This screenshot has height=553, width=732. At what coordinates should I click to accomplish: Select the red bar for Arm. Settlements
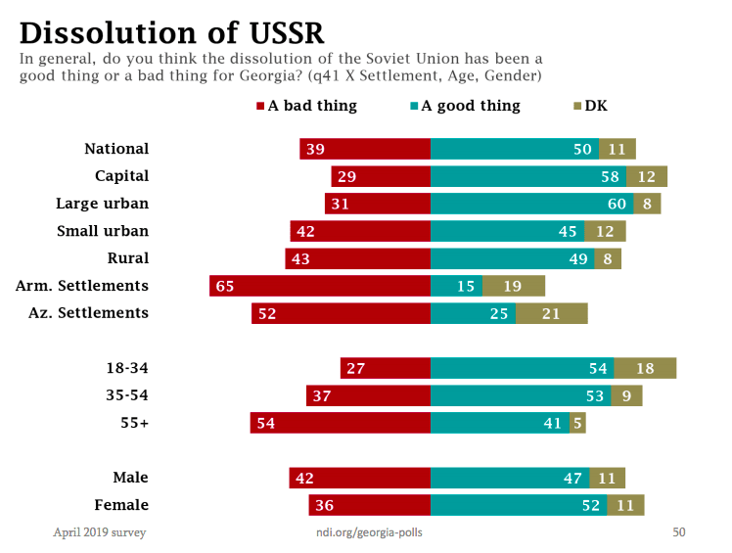[320, 286]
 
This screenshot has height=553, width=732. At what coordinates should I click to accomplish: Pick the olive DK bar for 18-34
[645, 368]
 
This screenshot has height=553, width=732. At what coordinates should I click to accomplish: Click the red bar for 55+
[341, 423]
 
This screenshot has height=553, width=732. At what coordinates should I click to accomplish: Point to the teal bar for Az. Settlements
[473, 313]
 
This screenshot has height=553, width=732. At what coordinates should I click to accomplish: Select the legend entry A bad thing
[306, 106]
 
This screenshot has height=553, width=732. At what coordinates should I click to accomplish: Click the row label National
[116, 149]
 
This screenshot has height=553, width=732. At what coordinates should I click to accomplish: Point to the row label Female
[122, 505]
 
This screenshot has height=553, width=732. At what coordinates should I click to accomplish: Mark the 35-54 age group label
[127, 395]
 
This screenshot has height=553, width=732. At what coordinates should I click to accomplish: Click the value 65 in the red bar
[224, 286]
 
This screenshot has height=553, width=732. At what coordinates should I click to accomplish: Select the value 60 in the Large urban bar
[617, 204]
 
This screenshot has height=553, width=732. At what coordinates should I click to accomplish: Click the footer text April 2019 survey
[99, 532]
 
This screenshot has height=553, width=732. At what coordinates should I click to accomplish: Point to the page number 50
[678, 532]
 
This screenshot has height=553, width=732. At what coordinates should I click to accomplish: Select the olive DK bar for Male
[608, 478]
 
